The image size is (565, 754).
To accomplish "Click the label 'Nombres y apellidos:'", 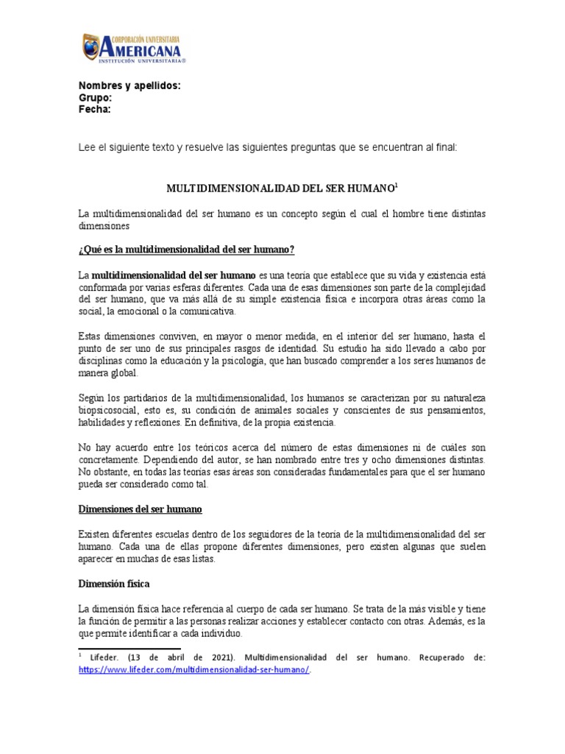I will pyautogui.click(x=129, y=86).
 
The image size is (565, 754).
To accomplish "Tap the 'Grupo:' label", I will pyautogui.click(x=95, y=98).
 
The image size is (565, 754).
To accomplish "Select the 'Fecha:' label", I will pyautogui.click(x=95, y=110).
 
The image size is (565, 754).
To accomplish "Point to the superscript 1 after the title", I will pyautogui.click(x=396, y=186).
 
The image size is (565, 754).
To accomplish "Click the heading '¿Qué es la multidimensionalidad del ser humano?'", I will pyautogui.click(x=186, y=250).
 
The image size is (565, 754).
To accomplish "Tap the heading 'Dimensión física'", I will pyautogui.click(x=113, y=584).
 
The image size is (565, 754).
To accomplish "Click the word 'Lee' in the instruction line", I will pyautogui.click(x=87, y=147).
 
